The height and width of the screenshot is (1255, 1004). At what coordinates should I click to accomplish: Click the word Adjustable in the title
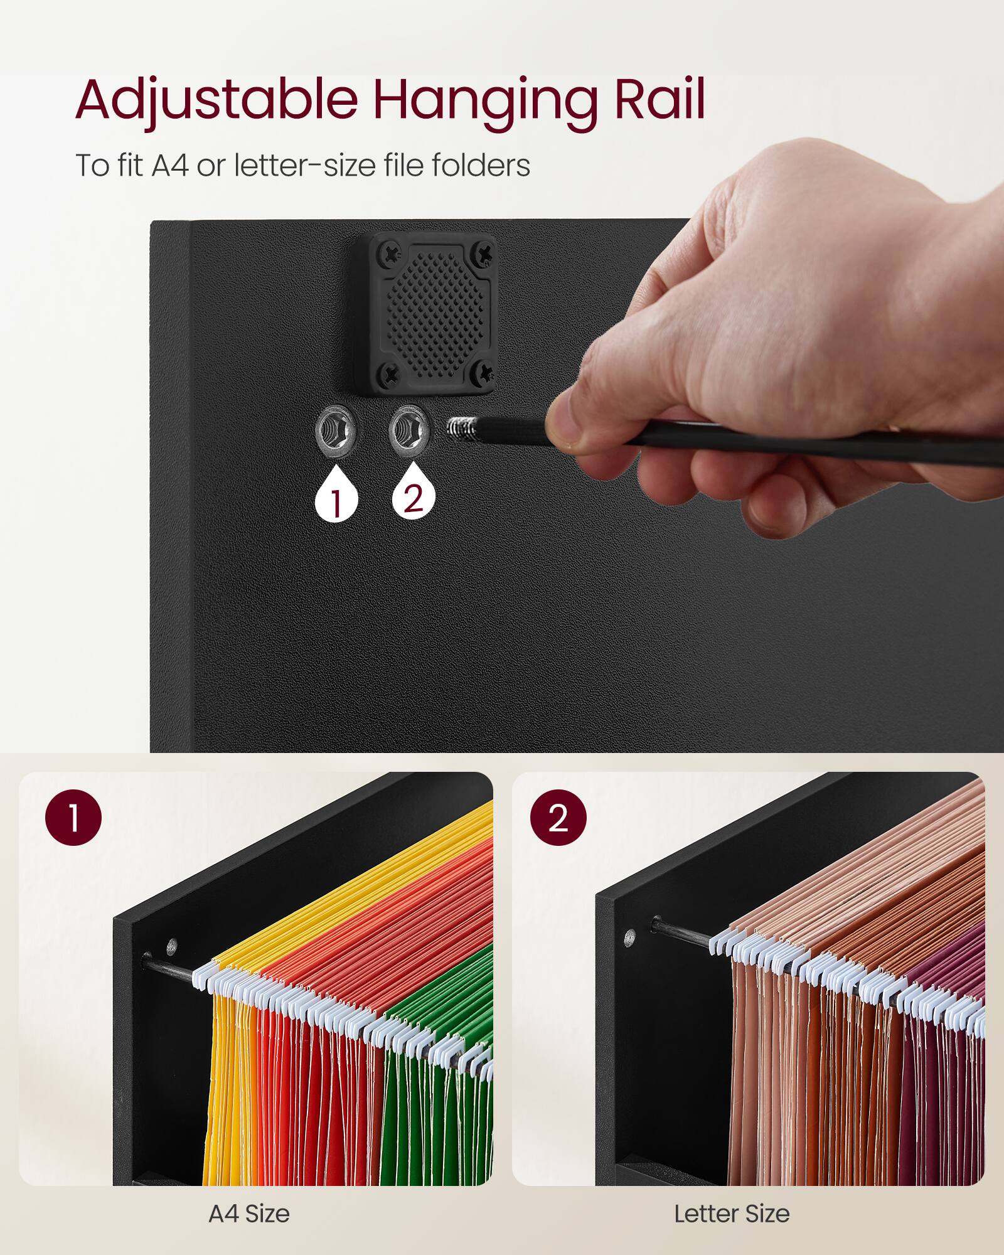pyautogui.click(x=216, y=100)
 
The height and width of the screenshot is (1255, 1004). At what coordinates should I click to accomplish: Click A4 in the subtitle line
pyautogui.click(x=170, y=166)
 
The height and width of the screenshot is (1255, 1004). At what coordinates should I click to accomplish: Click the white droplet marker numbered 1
pyautogui.click(x=336, y=495)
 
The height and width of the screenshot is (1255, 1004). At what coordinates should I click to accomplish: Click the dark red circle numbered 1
pyautogui.click(x=73, y=818)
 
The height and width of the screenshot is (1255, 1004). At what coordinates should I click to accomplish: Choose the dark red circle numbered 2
pyautogui.click(x=558, y=818)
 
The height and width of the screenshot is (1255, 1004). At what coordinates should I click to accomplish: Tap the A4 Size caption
pyautogui.click(x=249, y=1214)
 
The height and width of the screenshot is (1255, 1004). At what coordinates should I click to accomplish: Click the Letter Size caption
pyautogui.click(x=732, y=1214)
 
